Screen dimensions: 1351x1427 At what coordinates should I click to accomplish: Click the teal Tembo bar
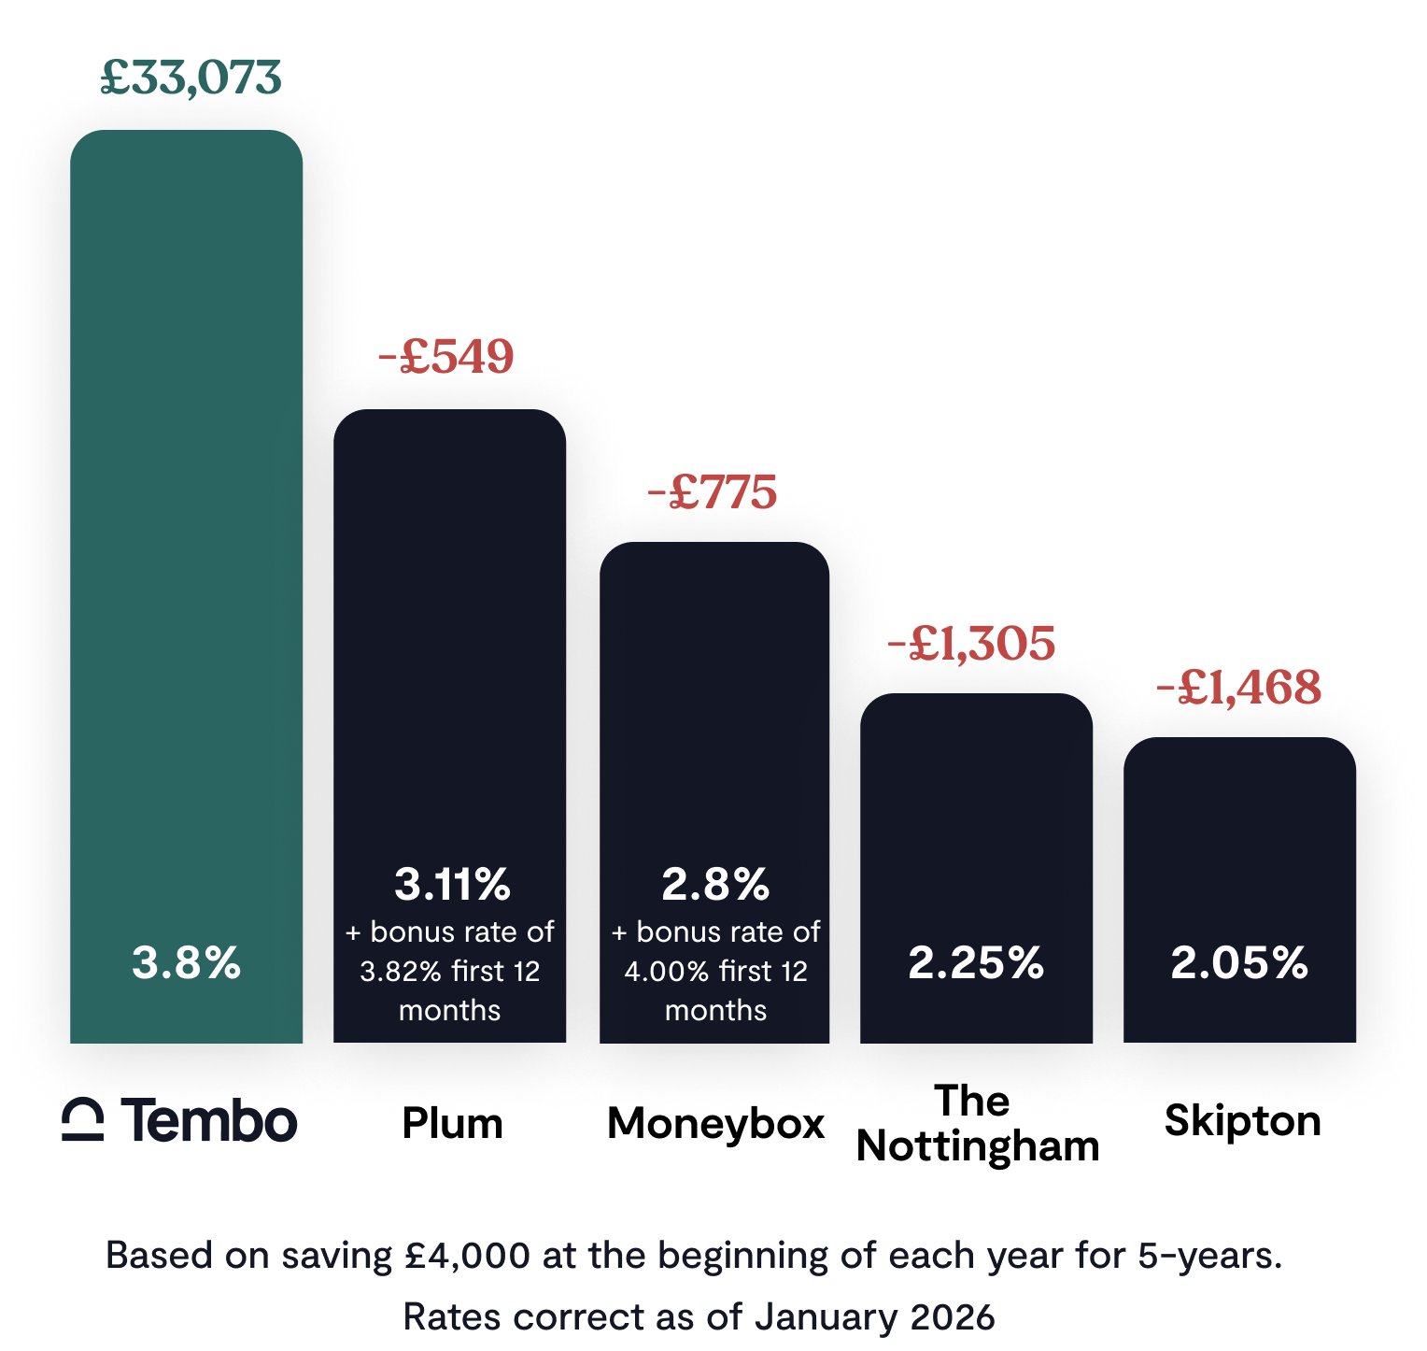click(x=187, y=561)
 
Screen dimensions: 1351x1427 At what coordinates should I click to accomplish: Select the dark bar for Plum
click(x=450, y=654)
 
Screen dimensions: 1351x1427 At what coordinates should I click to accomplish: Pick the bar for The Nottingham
click(x=977, y=822)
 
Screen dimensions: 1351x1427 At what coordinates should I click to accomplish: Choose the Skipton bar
click(x=1240, y=841)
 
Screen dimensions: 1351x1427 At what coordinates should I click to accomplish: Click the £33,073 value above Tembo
click(x=191, y=78)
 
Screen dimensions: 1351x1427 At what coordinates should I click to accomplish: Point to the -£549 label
click(x=447, y=357)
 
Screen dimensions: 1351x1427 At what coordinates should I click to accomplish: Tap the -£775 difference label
click(x=713, y=492)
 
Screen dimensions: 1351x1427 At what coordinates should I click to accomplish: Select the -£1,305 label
click(x=972, y=644)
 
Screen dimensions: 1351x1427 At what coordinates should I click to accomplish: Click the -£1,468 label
click(x=1239, y=689)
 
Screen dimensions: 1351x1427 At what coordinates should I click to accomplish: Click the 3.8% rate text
click(x=187, y=962)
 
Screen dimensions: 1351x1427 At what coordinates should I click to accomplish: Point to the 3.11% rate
click(x=452, y=884)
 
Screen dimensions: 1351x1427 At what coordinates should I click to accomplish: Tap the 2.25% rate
click(x=976, y=962)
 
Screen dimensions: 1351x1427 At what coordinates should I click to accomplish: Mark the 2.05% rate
click(x=1239, y=962)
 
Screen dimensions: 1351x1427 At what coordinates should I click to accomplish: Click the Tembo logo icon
click(x=83, y=1120)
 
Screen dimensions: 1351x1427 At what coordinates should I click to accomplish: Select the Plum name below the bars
click(x=453, y=1123)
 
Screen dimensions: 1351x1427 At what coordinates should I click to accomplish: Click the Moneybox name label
click(x=716, y=1124)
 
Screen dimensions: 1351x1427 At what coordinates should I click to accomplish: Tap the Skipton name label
click(x=1243, y=1121)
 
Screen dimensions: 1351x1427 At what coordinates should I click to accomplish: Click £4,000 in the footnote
click(x=468, y=1256)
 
